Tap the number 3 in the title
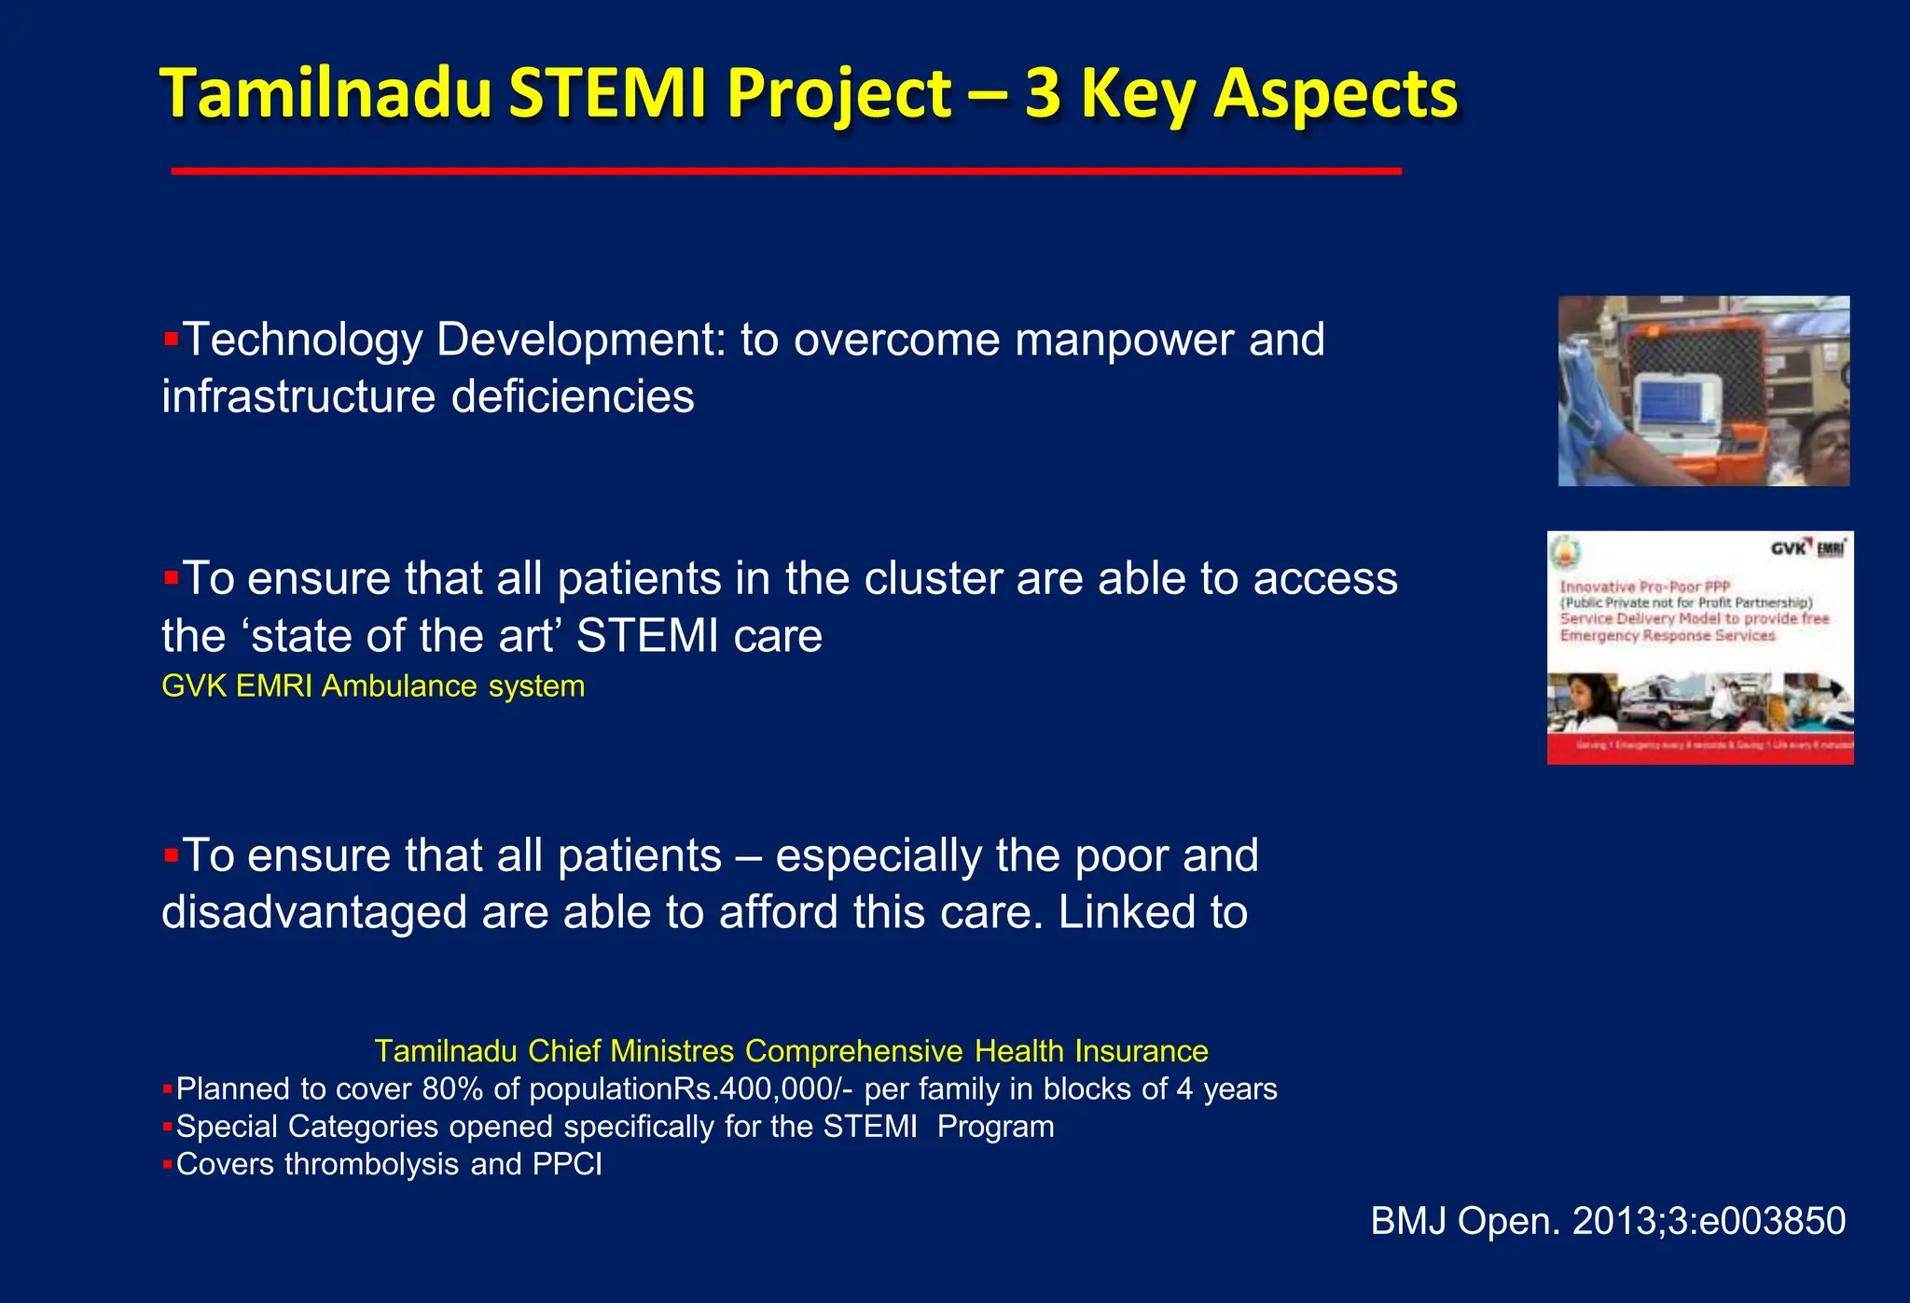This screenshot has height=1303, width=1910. pos(1043,95)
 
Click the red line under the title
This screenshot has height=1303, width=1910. pos(785,172)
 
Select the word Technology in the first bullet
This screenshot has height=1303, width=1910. pos(303,340)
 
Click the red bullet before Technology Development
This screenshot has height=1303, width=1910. pos(171,339)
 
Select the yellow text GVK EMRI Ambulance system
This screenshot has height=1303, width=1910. pos(373,686)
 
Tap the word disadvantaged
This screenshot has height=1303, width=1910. pos(313,912)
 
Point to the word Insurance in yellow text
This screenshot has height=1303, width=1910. pos(1141,1051)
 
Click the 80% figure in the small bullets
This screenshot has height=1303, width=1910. pos(452,1089)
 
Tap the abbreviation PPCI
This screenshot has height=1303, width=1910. pos(567,1165)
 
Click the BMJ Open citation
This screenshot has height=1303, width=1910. pos(1607,1222)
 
